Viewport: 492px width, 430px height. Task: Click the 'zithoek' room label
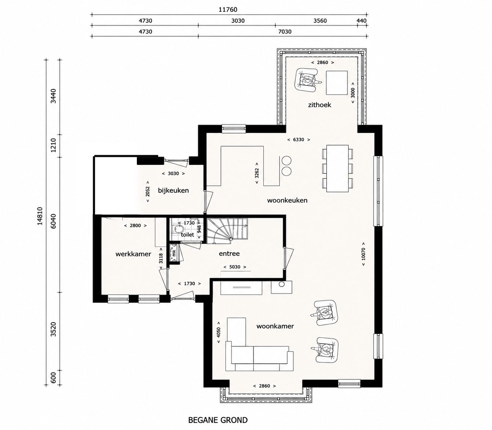click(319, 105)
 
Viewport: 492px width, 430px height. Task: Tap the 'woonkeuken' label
click(287, 201)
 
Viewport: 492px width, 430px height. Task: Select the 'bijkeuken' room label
click(173, 191)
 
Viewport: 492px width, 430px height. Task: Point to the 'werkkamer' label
click(133, 254)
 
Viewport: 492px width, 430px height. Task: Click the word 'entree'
click(229, 254)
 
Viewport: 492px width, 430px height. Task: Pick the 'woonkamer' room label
click(275, 326)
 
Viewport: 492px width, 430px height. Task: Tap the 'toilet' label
click(187, 235)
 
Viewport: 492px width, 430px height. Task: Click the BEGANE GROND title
click(218, 420)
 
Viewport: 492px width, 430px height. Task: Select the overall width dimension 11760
click(228, 10)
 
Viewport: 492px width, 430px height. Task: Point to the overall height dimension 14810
click(40, 216)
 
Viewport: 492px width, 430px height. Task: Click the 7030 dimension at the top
click(285, 32)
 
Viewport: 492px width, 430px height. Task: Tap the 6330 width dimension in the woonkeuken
click(299, 140)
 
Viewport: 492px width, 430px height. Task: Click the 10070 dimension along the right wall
click(363, 254)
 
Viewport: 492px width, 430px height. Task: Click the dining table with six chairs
click(338, 168)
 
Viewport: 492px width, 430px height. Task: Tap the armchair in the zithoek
click(307, 80)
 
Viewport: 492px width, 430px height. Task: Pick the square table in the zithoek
click(337, 82)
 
